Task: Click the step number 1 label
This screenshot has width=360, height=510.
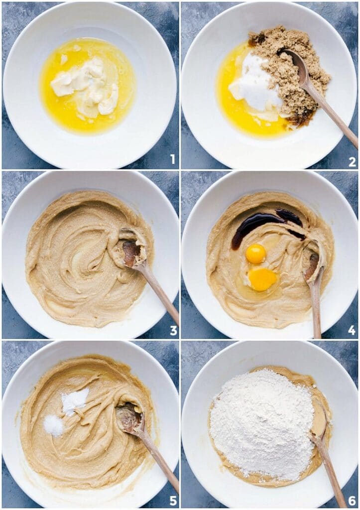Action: (172, 159)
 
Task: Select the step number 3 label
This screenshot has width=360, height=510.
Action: (173, 330)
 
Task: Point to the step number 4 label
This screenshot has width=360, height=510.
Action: (352, 330)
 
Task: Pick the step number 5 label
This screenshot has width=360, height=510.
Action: (173, 500)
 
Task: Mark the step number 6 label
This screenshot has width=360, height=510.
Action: (352, 500)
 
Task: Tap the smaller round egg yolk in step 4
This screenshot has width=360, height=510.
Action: (255, 254)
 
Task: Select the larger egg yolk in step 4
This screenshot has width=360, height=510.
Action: (262, 279)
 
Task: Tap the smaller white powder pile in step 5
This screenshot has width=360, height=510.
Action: (53, 425)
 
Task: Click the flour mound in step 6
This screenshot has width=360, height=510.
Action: (261, 423)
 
